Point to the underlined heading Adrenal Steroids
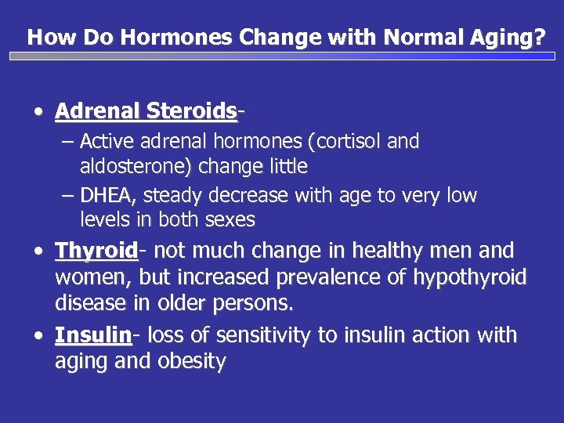146,111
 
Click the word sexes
229,220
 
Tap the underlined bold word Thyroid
96,251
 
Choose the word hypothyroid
475,277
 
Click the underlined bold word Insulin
92,335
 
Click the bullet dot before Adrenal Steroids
38,112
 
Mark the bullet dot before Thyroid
38,251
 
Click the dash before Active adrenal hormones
67,142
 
